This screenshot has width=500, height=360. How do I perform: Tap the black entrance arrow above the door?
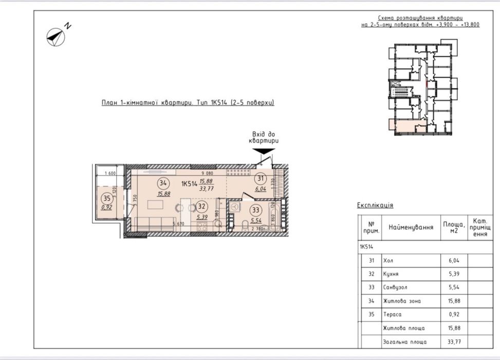click(264, 150)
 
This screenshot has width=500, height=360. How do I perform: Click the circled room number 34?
click(163, 183)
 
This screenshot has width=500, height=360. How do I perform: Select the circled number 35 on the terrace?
click(107, 198)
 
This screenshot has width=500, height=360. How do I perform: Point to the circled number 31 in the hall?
click(261, 179)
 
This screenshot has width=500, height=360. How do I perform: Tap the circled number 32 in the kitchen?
click(202, 207)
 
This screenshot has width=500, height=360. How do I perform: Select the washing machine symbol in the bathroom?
click(234, 206)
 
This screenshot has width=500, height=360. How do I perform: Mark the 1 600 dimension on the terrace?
click(109, 173)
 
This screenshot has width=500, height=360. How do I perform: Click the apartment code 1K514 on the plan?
click(190, 183)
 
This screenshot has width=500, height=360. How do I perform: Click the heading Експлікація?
click(375, 205)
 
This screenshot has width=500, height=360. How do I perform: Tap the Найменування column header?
click(410, 227)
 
